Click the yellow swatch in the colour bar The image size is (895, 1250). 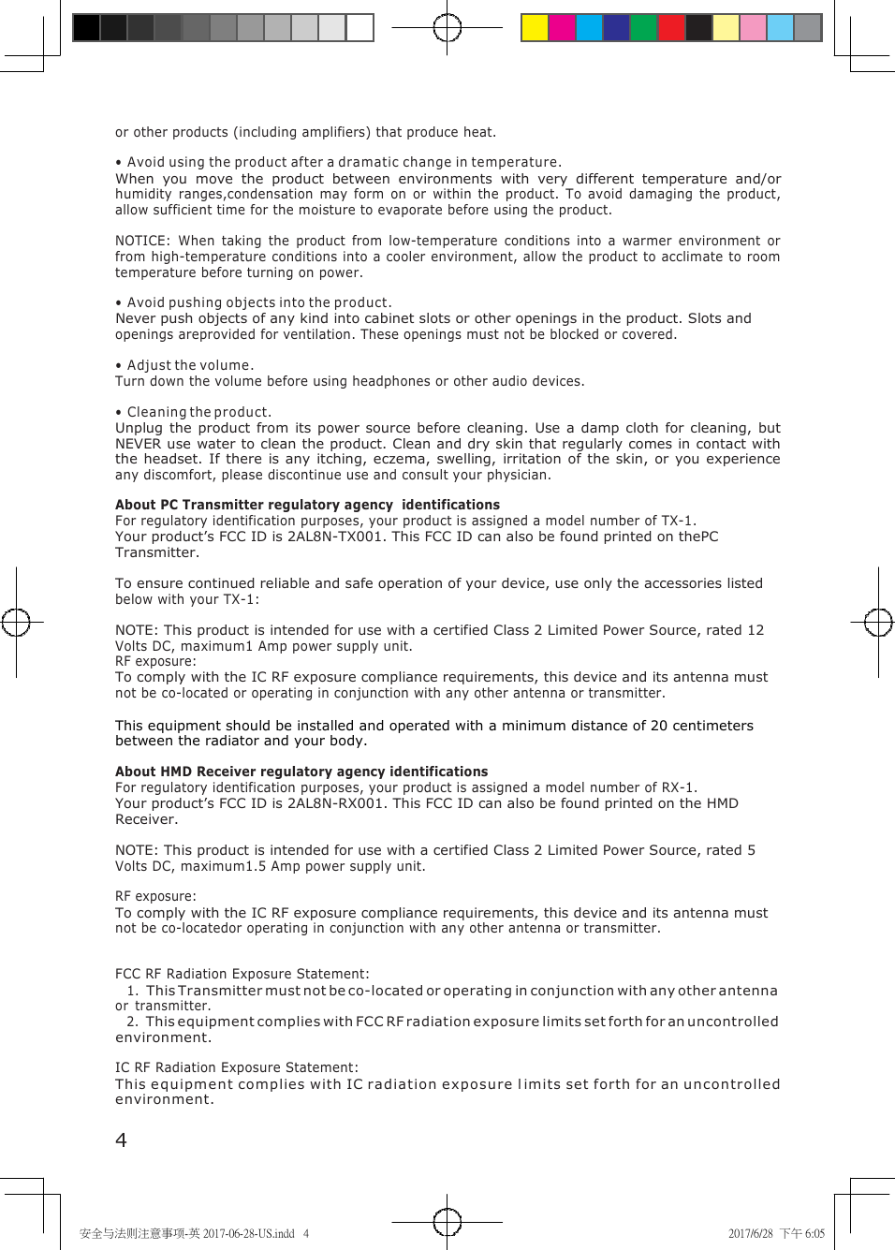pos(535,28)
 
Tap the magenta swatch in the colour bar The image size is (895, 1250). pos(562,28)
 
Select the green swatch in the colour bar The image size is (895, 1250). pos(644,28)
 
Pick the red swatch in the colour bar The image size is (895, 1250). pos(671,28)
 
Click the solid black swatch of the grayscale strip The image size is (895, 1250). pos(86,28)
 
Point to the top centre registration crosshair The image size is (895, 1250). pos(447,28)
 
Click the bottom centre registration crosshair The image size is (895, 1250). pos(447,1221)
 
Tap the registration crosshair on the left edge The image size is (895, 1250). pos(16,622)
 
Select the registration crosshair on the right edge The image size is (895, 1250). pos(878,622)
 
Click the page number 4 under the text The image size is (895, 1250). pos(121,1140)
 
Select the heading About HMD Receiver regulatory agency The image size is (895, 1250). pos(301,772)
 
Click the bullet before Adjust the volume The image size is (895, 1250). pos(119,366)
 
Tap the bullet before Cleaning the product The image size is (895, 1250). pos(119,413)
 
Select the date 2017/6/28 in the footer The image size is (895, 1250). pos(751,1233)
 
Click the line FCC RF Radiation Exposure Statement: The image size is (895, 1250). pos(242,974)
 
